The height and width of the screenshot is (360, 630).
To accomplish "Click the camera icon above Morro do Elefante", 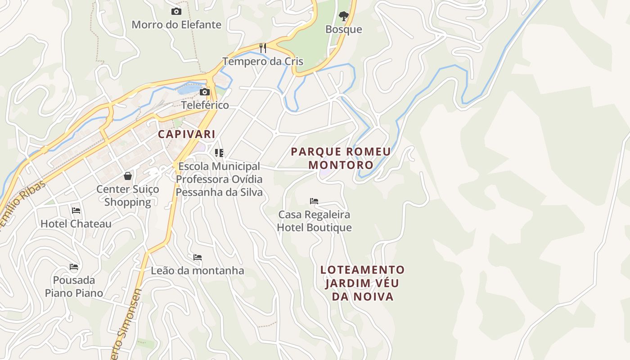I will point(176,12).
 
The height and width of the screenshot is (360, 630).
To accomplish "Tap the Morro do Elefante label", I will point(176,25).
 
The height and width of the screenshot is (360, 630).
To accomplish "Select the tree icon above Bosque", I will point(344,17).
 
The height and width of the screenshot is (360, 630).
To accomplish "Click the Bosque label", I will point(344,30).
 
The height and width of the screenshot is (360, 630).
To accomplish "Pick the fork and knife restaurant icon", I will point(263,48).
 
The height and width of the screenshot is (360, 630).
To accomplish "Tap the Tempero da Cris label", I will point(263,62).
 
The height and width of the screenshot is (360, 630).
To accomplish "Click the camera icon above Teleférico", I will point(205,92).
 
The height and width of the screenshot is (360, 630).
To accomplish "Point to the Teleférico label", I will point(205,105).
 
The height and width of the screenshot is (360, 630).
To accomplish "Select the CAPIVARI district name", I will point(186,134).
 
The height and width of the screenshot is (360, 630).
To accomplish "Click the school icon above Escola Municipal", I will point(219,153).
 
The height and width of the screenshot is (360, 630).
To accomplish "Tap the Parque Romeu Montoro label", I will point(341,158).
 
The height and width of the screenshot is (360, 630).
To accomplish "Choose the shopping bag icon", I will point(128,176).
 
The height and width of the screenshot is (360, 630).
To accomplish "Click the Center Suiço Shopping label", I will point(128,196).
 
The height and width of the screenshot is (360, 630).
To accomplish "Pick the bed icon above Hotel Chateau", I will point(76,210).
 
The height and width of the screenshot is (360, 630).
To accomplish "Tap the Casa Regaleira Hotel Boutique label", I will point(314,221).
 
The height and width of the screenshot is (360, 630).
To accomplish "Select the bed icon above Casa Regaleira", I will point(314,201).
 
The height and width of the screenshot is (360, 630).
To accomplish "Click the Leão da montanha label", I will point(198,271).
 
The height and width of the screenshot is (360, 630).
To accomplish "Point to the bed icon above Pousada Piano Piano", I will point(74,267).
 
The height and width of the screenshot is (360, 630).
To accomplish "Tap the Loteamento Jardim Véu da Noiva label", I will point(363,283).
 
